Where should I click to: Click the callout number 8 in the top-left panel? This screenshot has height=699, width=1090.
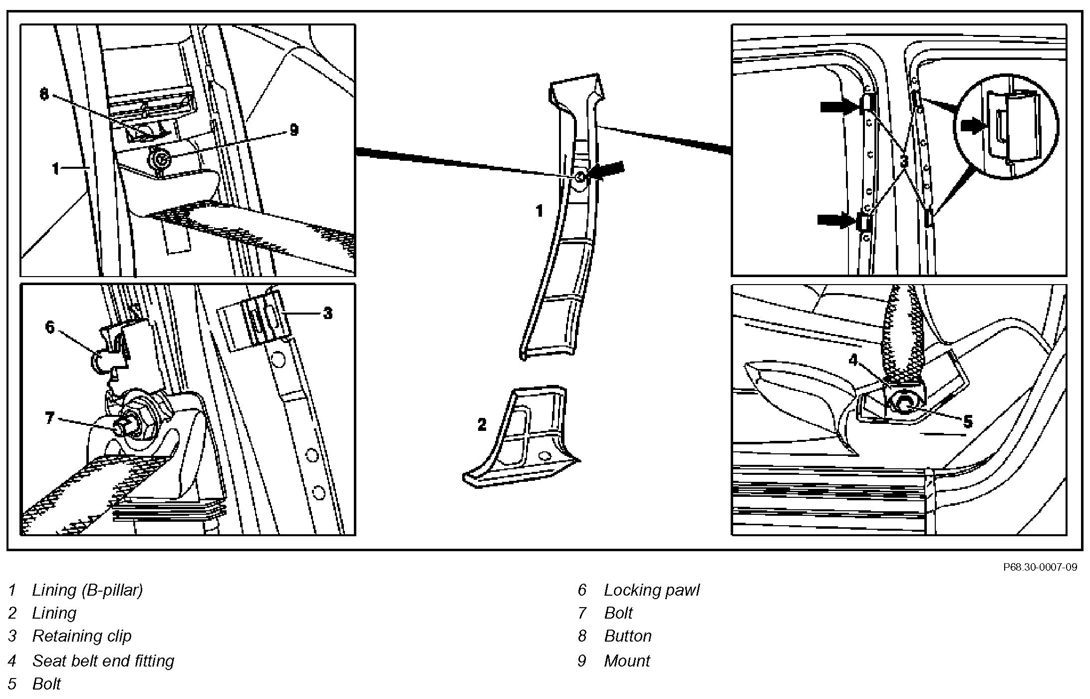[44, 94]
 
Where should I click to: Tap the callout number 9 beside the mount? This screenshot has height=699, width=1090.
[294, 130]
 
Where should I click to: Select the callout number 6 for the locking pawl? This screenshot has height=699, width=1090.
[50, 327]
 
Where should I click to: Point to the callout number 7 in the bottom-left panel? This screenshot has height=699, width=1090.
[49, 417]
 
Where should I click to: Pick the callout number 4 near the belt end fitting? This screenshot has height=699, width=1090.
[853, 359]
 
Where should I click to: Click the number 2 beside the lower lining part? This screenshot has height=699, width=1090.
[482, 425]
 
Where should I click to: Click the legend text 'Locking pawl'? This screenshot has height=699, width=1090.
[651, 590]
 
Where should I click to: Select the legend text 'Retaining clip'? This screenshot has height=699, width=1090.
[82, 636]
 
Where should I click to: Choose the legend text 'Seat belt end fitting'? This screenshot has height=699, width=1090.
[103, 661]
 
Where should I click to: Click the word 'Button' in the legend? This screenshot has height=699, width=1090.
[628, 636]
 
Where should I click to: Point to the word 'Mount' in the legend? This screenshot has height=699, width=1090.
[627, 661]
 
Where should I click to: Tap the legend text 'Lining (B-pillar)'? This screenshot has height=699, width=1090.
[87, 590]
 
